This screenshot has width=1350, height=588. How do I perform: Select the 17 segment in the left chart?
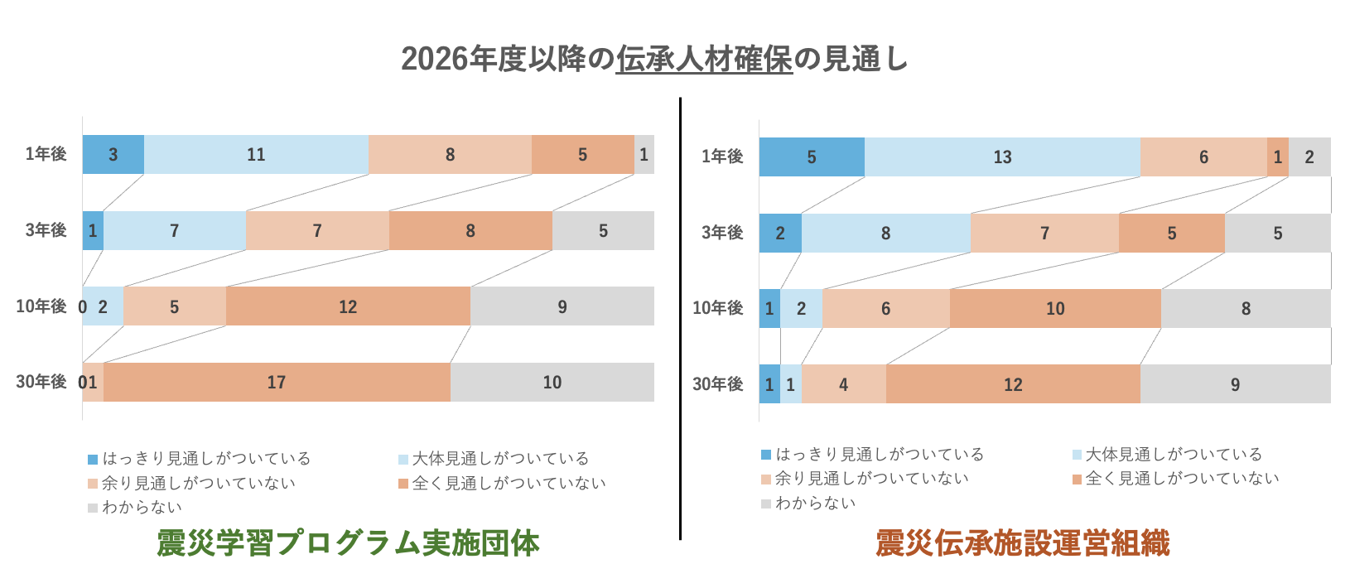pos(277,383)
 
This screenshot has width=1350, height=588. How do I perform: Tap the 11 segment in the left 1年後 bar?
pos(256,155)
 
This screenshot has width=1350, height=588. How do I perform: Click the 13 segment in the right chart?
pos(1002,157)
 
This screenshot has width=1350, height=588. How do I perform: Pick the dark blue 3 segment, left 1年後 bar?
pos(113,155)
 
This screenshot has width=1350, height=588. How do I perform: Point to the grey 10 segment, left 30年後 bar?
pos(552,383)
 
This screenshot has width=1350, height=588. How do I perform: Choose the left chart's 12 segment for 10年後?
pos(348,307)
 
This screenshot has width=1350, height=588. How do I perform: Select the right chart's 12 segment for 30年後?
pos(1013,385)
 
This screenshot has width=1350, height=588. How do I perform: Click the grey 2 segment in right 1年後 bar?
pos(1309,157)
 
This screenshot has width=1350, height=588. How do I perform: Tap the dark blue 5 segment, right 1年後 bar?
pos(812,157)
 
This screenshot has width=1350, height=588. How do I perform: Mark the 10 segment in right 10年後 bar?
pos(1055,309)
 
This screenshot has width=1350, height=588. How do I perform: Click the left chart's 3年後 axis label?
pos(46,230)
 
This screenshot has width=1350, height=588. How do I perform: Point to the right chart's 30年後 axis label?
pos(718,384)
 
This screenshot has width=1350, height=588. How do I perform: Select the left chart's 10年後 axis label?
pos(41,306)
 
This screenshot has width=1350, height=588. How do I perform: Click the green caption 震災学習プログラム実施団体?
pos(348,544)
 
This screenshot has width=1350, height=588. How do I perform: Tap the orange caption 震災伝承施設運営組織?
pos(1023,544)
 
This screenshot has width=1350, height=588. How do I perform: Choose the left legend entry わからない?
pos(142,508)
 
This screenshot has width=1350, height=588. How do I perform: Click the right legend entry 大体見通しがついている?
pos(1174,455)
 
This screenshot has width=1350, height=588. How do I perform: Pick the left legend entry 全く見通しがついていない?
pos(509,484)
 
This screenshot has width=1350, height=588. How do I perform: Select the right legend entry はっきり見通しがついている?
pos(879,455)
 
